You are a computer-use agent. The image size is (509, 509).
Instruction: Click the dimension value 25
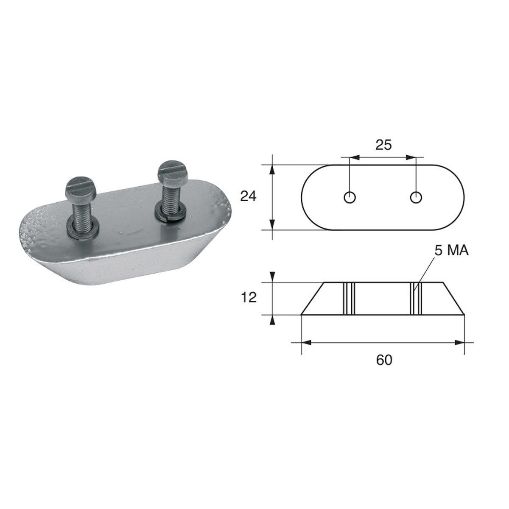tap(383, 145)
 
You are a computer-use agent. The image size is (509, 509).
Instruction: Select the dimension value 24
tap(249, 197)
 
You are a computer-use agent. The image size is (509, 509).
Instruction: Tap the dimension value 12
tap(249, 298)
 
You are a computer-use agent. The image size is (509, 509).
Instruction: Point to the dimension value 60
tap(384, 360)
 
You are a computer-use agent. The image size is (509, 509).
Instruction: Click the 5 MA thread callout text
tap(451, 251)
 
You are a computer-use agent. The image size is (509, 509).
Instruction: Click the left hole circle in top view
tap(350, 197)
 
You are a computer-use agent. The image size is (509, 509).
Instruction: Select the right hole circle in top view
tap(416, 197)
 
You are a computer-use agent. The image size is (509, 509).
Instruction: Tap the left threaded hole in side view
tap(349, 299)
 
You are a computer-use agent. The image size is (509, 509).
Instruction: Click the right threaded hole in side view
tap(416, 299)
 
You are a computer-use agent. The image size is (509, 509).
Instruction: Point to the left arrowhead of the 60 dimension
tap(306, 342)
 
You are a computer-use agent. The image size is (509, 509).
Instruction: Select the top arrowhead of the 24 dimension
tap(272, 170)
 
